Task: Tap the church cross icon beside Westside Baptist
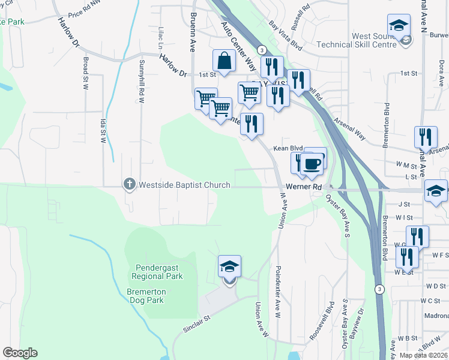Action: point(129,184)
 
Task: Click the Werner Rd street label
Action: point(304,187)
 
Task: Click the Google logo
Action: point(20,352)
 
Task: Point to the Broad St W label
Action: point(86,74)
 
